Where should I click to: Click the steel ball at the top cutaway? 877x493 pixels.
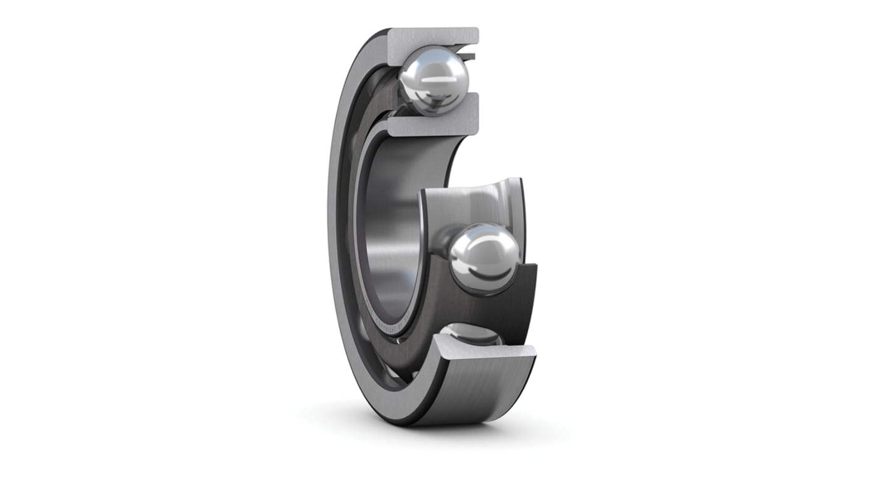434,80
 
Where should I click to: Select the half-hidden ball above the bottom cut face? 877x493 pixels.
472,334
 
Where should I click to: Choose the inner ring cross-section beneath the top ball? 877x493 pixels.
432,124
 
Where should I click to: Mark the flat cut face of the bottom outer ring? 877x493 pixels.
488,351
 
